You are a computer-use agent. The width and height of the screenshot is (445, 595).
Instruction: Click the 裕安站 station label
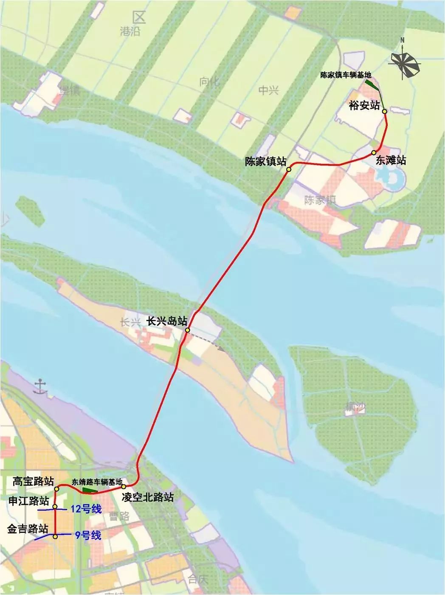pyautogui.click(x=364, y=105)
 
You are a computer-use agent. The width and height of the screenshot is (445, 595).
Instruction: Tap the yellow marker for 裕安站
pyautogui.click(x=384, y=112)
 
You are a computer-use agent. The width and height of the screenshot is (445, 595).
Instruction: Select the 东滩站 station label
pyautogui.click(x=391, y=160)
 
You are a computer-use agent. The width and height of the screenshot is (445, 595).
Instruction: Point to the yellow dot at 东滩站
pyautogui.click(x=374, y=152)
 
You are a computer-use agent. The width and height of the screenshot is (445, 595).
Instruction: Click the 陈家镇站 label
pyautogui.click(x=265, y=162)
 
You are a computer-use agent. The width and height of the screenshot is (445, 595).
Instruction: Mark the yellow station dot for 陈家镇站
pyautogui.click(x=288, y=169)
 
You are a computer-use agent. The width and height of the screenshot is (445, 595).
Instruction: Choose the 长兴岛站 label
pyautogui.click(x=167, y=321)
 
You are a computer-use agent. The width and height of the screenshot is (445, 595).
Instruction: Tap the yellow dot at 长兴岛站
pyautogui.click(x=187, y=330)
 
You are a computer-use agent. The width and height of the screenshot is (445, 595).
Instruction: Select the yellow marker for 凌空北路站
pyautogui.click(x=124, y=486)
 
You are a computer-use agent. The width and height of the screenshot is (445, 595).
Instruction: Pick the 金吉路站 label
pyautogui.click(x=27, y=529)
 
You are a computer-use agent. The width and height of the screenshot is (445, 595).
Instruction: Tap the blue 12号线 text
pyautogui.click(x=86, y=508)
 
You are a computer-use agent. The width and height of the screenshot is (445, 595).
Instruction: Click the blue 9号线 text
pyautogui.click(x=88, y=536)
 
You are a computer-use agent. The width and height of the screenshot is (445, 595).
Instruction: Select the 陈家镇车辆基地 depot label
pyautogui.click(x=346, y=75)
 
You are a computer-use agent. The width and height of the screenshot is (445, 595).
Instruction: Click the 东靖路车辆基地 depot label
pyautogui.click(x=97, y=482)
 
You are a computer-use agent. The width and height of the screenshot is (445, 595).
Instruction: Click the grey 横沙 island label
pyautogui.click(x=355, y=408)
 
